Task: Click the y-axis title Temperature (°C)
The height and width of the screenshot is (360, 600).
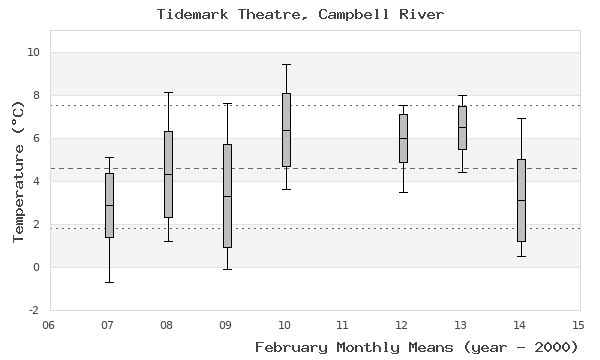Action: click(17, 170)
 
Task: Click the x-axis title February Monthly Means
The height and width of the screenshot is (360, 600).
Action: click(417, 347)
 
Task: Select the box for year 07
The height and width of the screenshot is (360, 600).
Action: click(109, 205)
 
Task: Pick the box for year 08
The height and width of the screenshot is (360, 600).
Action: click(168, 174)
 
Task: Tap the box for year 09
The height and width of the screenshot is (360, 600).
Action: click(227, 196)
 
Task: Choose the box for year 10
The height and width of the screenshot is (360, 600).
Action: click(286, 130)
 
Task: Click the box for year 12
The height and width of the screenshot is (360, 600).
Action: click(403, 138)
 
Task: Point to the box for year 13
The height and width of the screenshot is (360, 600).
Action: click(462, 128)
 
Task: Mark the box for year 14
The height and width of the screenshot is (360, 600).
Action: click(521, 200)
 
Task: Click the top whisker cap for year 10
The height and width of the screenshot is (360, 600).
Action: click(286, 64)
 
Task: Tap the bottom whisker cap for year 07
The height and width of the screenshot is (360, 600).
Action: click(109, 282)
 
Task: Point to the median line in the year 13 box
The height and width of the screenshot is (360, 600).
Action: click(462, 127)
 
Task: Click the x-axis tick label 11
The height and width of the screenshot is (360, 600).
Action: click(343, 324)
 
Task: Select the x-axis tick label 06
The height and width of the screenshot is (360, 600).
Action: click(49, 324)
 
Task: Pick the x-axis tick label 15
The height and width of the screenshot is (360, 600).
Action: click(578, 324)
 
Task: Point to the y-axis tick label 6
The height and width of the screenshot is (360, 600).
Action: click(35, 138)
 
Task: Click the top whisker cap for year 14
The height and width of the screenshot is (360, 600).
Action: click(521, 118)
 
